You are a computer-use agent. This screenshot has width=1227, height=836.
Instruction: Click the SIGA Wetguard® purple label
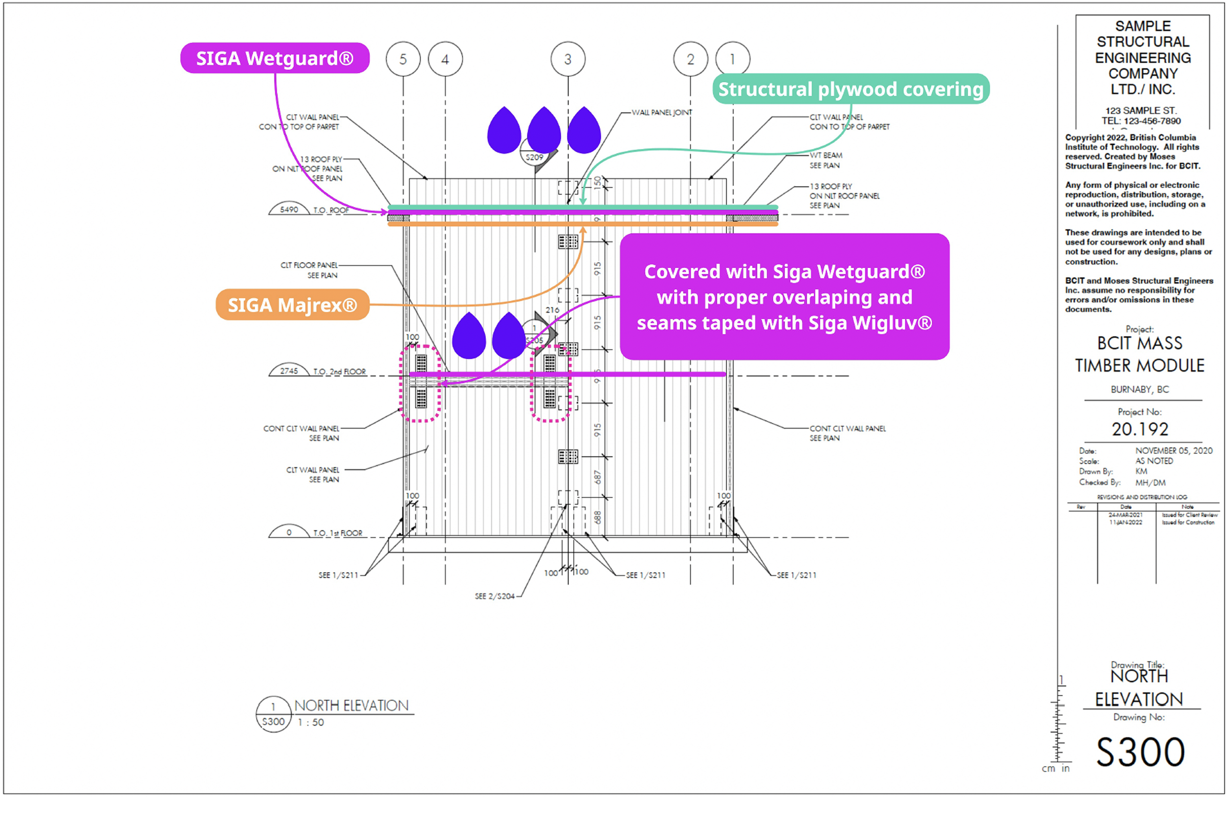pyautogui.click(x=274, y=58)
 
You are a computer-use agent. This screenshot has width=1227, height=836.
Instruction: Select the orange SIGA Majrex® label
pyautogui.click(x=292, y=305)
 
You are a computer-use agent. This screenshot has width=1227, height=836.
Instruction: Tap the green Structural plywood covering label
pyautogui.click(x=851, y=89)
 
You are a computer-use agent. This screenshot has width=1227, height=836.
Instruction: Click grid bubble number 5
pyautogui.click(x=403, y=59)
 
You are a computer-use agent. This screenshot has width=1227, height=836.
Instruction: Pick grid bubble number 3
pyautogui.click(x=567, y=59)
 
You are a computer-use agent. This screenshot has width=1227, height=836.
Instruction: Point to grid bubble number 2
pyautogui.click(x=690, y=59)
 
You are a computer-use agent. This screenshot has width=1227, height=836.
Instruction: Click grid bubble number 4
pyautogui.click(x=445, y=59)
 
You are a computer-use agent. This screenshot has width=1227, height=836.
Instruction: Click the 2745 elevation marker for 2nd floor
pyautogui.click(x=289, y=371)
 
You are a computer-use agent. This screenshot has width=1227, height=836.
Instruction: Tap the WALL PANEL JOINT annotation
pyautogui.click(x=661, y=112)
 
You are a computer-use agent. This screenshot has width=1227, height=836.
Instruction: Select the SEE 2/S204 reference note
pyautogui.click(x=495, y=596)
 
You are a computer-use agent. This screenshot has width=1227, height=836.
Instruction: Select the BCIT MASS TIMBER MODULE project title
pyautogui.click(x=1140, y=354)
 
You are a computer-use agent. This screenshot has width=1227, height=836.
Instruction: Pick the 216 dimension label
pyautogui.click(x=552, y=310)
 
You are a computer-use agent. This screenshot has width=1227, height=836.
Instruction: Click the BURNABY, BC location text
pyautogui.click(x=1140, y=390)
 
